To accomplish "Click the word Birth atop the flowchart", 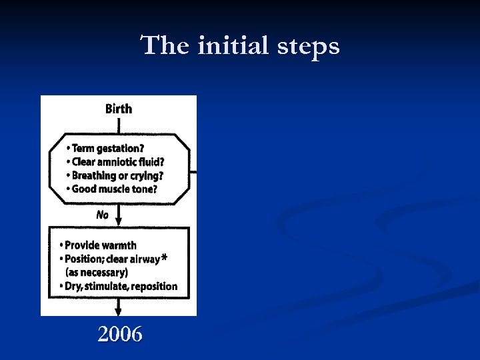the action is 119,109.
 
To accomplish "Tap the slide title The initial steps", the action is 240,46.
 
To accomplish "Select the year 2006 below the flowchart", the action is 120,334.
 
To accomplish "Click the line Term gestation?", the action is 108,148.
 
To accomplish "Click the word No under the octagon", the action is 102,215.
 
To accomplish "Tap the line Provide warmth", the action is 100,245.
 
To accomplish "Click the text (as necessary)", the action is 97,273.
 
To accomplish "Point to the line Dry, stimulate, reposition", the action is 121,287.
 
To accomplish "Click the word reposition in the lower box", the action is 155,287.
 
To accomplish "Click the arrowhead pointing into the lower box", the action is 119,221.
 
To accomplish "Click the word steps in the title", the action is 311,46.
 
